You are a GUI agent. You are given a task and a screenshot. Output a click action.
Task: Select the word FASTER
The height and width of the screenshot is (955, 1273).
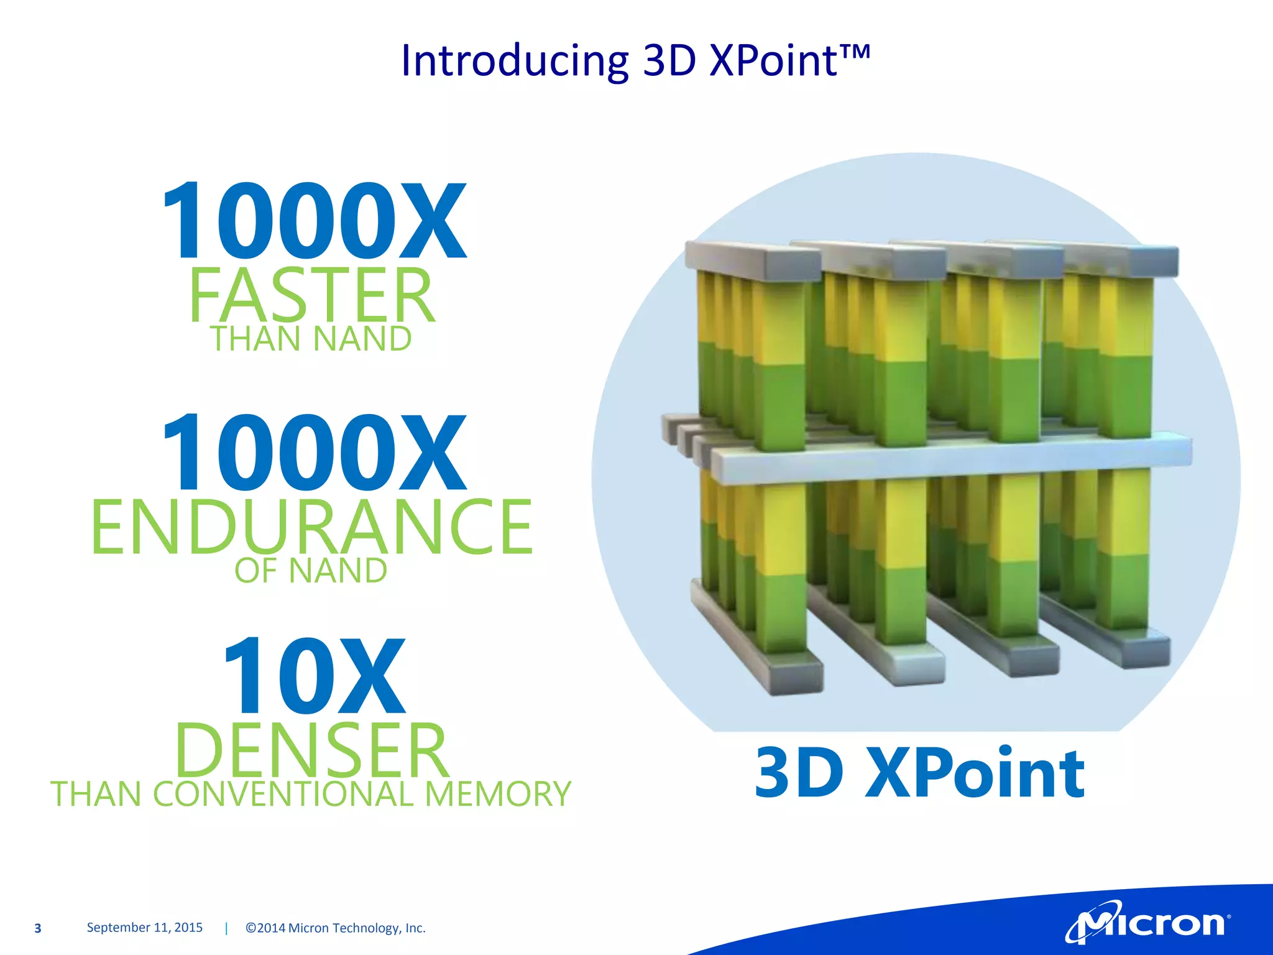pyautogui.click(x=311, y=295)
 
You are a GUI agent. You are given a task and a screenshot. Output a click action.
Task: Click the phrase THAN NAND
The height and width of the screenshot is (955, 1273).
pyautogui.click(x=311, y=339)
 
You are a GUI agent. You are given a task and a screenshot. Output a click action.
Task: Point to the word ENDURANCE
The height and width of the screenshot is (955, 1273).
pyautogui.click(x=311, y=527)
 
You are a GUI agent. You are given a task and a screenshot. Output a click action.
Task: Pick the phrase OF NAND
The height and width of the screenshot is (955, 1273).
pyautogui.click(x=311, y=571)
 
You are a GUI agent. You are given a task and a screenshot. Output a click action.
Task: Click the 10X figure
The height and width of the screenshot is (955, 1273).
pyautogui.click(x=314, y=676)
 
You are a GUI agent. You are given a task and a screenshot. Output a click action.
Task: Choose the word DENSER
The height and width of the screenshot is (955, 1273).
pyautogui.click(x=311, y=750)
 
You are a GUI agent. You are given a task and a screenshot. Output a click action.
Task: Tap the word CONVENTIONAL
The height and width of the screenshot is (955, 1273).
pyautogui.click(x=283, y=795)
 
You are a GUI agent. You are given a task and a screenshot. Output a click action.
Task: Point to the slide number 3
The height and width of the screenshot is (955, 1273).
pyautogui.click(x=38, y=928)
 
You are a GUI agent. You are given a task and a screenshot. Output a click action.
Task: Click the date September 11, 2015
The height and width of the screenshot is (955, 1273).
pyautogui.click(x=145, y=928)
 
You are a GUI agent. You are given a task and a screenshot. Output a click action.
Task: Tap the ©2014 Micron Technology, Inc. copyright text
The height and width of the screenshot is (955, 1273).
pyautogui.click(x=336, y=928)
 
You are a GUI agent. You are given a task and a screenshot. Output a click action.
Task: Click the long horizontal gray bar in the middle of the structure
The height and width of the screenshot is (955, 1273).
pyautogui.click(x=951, y=459)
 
